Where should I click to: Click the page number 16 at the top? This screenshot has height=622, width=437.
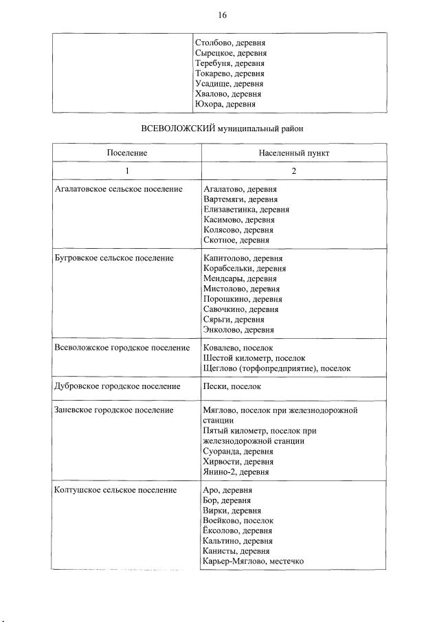(x=222, y=15)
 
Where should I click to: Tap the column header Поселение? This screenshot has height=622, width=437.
(x=127, y=153)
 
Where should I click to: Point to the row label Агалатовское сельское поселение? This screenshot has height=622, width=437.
(x=118, y=188)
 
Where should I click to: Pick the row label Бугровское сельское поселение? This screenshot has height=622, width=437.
(x=112, y=258)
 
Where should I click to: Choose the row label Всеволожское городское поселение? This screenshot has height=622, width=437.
(x=122, y=348)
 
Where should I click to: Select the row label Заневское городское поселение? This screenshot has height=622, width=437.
(x=113, y=410)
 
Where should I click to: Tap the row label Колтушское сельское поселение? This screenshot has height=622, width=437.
(x=115, y=490)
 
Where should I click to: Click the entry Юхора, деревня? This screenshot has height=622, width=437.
(x=225, y=104)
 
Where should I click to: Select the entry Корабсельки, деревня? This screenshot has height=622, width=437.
(x=245, y=269)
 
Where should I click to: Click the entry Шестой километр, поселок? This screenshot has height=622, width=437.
(x=254, y=358)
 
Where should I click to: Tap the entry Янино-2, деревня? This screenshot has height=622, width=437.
(x=236, y=472)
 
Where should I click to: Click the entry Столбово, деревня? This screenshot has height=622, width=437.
(x=230, y=43)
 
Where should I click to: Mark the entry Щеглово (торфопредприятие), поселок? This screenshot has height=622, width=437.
(x=277, y=368)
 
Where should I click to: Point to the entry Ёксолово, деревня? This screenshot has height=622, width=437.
(x=238, y=531)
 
